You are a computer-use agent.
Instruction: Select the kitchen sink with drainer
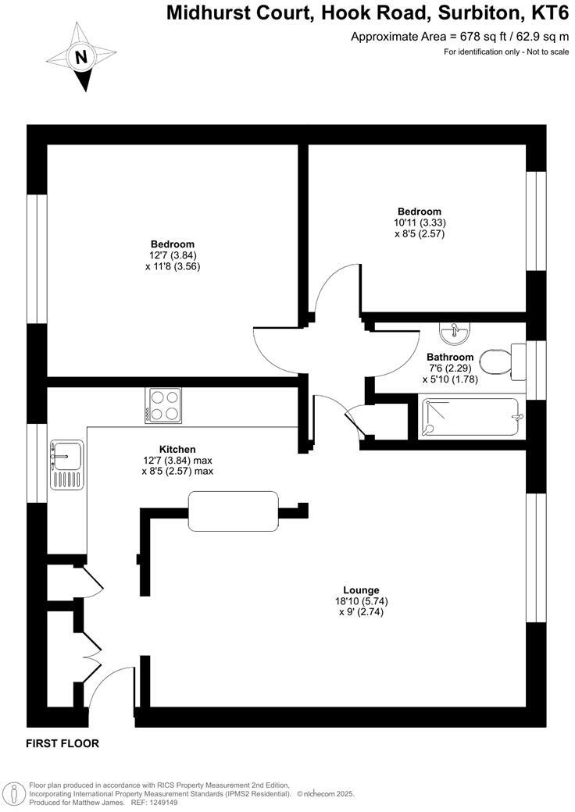point(66,465)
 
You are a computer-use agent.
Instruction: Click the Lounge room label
point(361,589)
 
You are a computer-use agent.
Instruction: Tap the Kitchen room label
point(177,449)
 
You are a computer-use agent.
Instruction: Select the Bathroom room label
point(450,357)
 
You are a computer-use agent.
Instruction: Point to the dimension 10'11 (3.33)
point(420,222)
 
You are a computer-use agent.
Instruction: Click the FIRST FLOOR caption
point(62,743)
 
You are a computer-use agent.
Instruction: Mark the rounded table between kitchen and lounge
point(234,511)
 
